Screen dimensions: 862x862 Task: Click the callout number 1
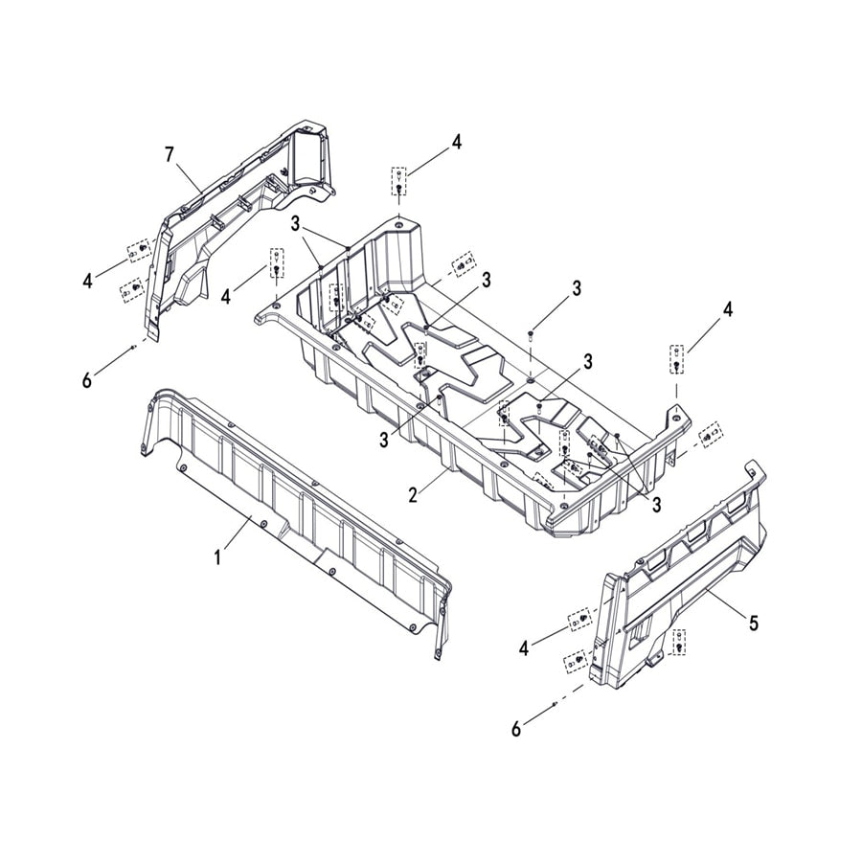click(217, 557)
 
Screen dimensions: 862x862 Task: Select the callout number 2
click(414, 495)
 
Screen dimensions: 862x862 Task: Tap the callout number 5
click(754, 623)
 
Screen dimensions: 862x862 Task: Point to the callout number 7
click(170, 155)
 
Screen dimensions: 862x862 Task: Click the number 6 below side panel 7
click(87, 380)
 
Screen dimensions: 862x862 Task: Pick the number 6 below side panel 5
click(515, 729)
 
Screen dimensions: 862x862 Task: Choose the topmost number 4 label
click(456, 142)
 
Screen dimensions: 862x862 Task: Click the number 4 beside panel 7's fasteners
click(87, 281)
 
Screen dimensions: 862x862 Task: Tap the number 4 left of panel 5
click(523, 648)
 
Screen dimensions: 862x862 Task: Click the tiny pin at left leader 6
click(133, 348)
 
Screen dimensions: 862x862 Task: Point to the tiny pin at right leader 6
click(556, 704)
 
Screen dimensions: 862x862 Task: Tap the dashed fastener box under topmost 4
click(398, 181)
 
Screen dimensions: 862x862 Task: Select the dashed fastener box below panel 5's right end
click(679, 641)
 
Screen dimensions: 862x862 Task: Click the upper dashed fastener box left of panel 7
click(139, 251)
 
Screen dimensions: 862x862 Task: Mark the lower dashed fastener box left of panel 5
click(575, 660)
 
